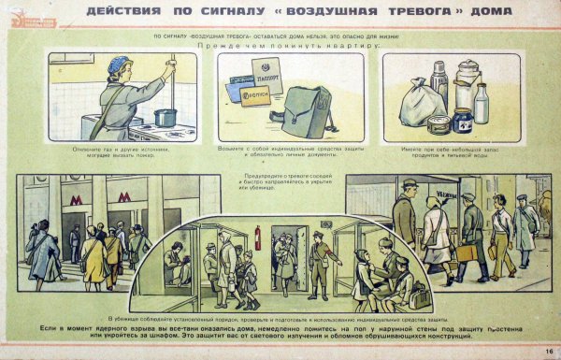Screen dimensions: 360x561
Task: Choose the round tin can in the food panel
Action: (x=438, y=123)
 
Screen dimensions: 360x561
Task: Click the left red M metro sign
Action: (x=75, y=199)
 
